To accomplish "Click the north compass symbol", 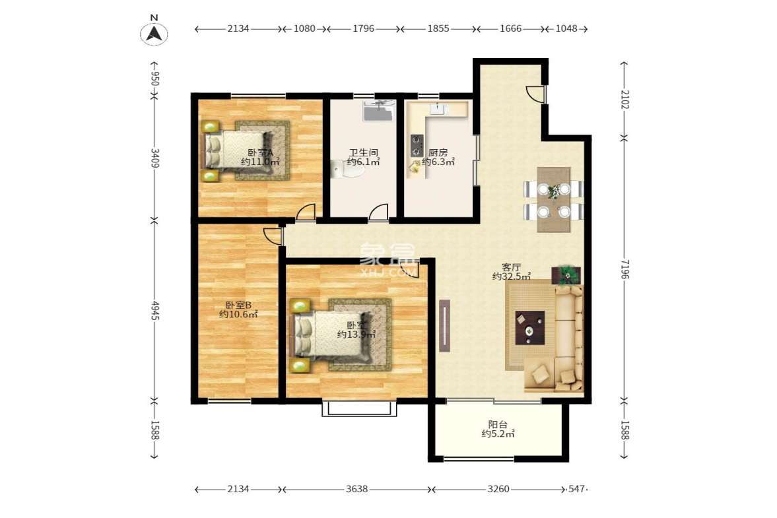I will [154, 32].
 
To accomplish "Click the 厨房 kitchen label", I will [438, 156].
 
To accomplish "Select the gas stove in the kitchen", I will [417, 143].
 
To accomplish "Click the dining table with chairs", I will [553, 200].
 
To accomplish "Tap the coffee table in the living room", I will [529, 327].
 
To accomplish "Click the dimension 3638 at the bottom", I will [356, 489].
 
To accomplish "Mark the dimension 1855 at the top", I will [438, 28].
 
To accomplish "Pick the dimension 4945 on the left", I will [154, 311].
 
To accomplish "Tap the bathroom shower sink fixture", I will [378, 110].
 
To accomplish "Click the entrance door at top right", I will [536, 94].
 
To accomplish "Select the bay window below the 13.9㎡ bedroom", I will [360, 408].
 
